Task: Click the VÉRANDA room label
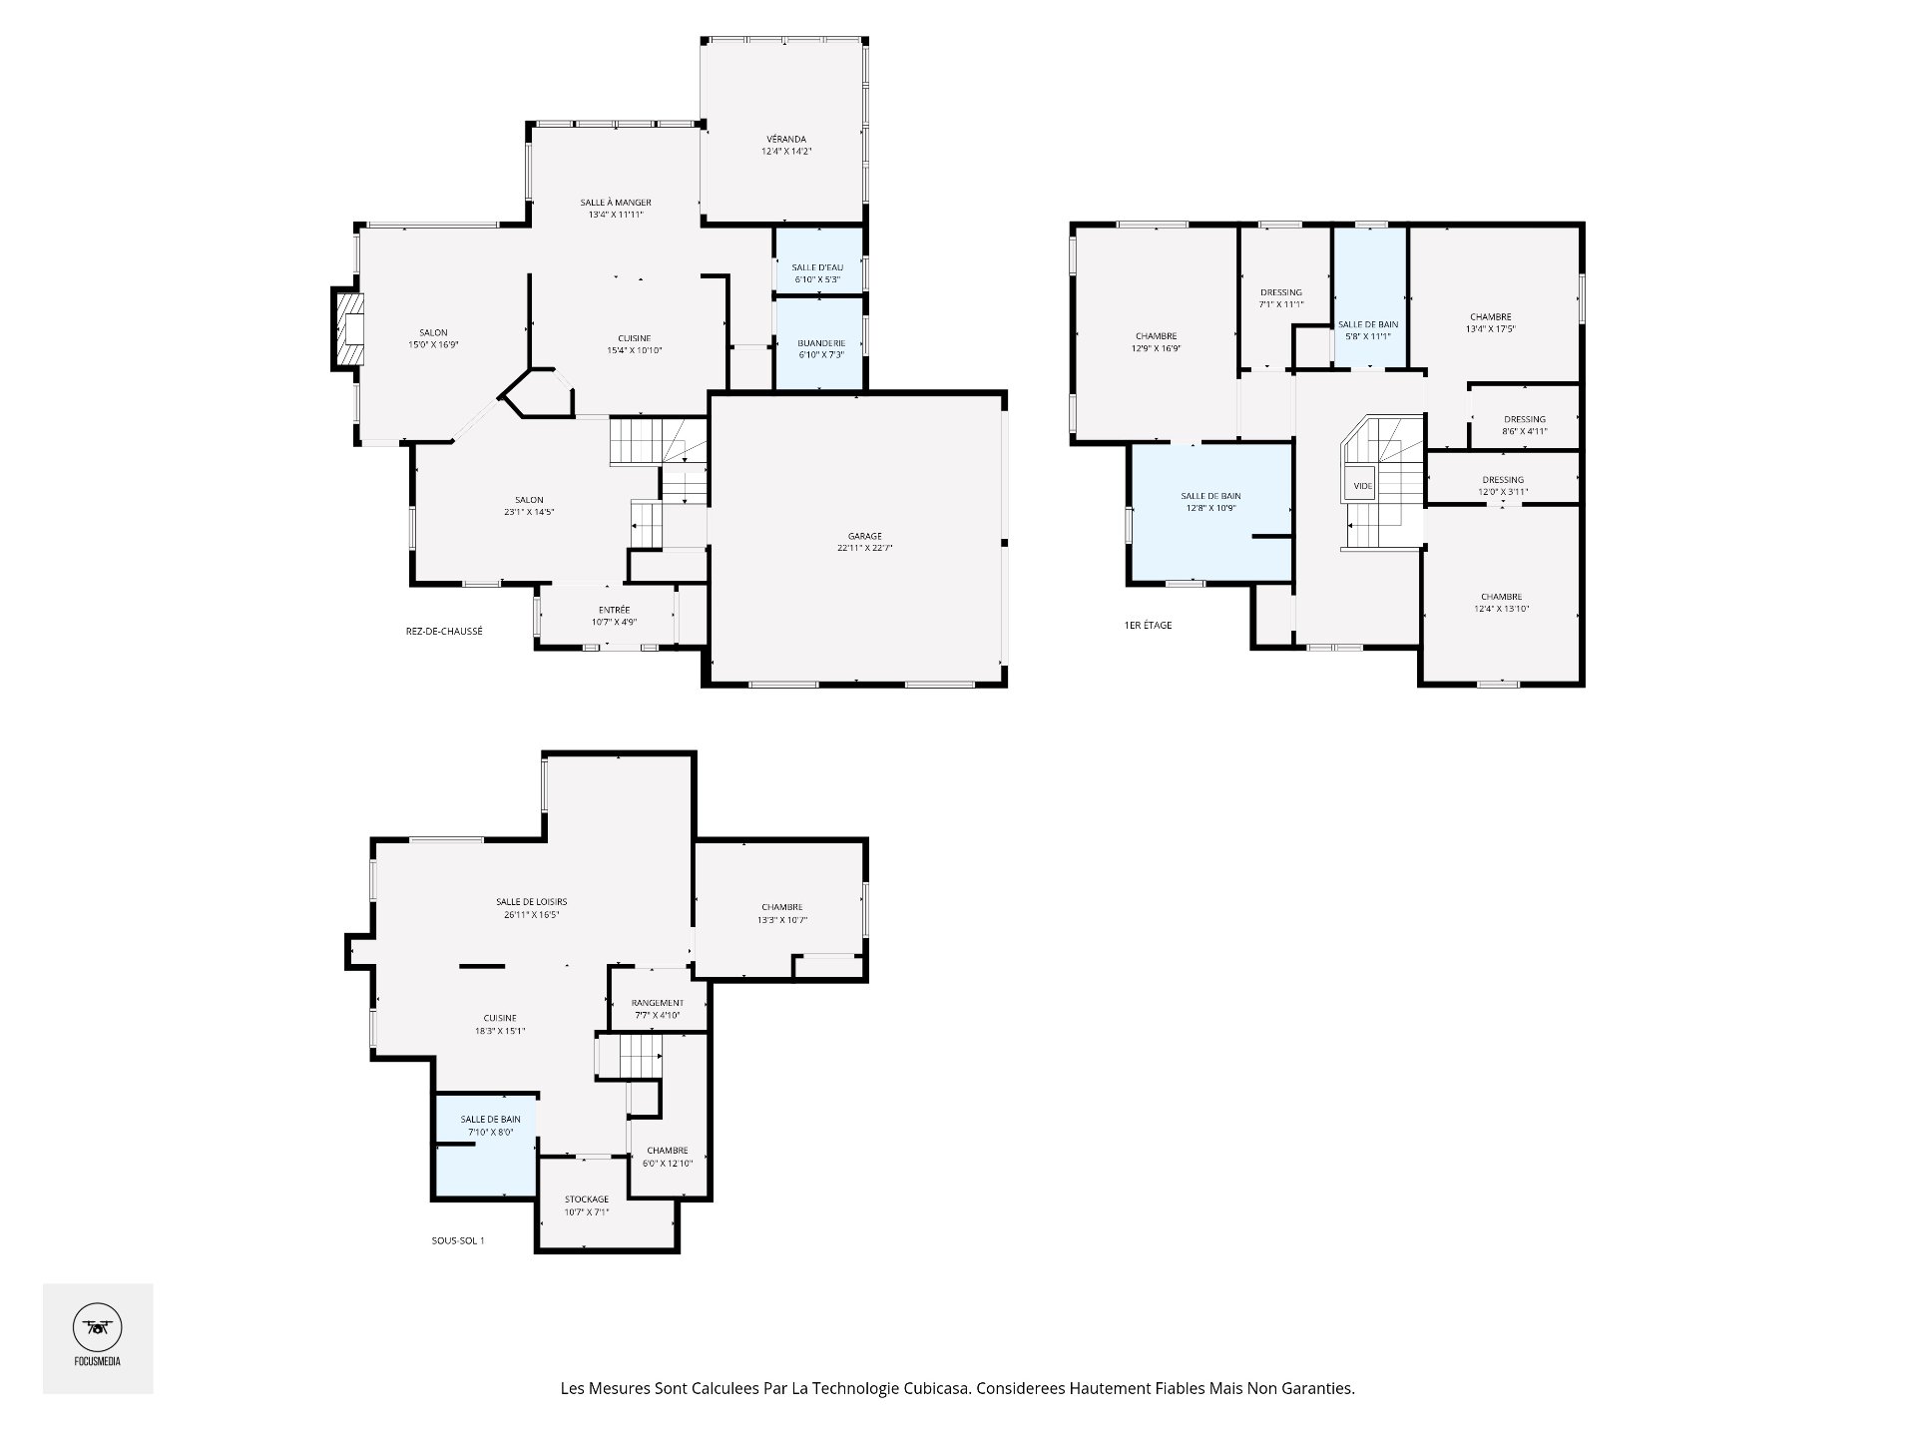(786, 139)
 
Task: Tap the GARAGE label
(864, 536)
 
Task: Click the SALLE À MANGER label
(616, 203)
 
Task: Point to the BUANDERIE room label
(821, 343)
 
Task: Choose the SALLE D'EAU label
(818, 267)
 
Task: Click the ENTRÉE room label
(615, 610)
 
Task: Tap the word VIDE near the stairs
(1362, 486)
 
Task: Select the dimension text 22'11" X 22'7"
(864, 548)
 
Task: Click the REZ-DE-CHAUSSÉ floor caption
(444, 631)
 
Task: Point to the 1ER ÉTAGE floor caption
(1148, 626)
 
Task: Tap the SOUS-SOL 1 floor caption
(451, 1241)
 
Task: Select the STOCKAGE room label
(587, 1199)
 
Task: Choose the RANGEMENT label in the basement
(658, 1003)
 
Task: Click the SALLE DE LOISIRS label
(532, 902)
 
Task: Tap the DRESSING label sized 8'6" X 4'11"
(1525, 419)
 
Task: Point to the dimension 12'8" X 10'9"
(1210, 508)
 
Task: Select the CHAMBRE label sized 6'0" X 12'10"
(668, 1151)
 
